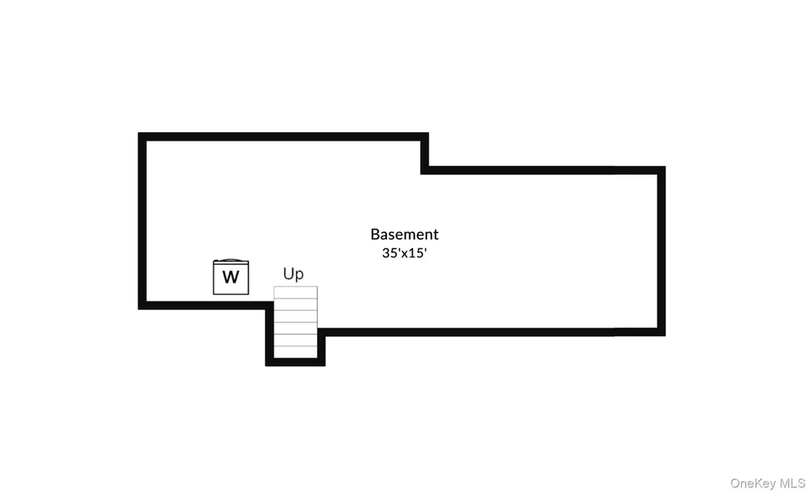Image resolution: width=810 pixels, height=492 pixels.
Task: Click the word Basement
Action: pyautogui.click(x=404, y=235)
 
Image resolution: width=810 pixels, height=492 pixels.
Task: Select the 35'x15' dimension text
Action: pyautogui.click(x=404, y=253)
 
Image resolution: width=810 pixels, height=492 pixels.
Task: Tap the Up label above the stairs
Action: pyautogui.click(x=293, y=274)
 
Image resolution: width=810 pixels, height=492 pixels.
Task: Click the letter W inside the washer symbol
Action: pyautogui.click(x=231, y=277)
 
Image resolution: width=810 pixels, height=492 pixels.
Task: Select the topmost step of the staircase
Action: pyautogui.click(x=296, y=293)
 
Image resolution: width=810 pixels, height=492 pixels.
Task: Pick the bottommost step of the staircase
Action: pyautogui.click(x=296, y=352)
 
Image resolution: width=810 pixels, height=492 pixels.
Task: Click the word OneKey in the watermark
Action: pyautogui.click(x=752, y=483)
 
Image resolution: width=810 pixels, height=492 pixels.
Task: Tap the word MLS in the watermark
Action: pyautogui.click(x=791, y=483)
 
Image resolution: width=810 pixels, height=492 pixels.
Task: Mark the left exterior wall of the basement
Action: pyautogui.click(x=142, y=221)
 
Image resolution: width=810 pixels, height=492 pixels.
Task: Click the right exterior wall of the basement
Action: pyautogui.click(x=661, y=252)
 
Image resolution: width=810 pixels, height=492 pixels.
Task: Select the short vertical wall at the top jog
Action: pyautogui.click(x=425, y=153)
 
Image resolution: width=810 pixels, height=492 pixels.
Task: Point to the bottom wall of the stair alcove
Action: pyautogui.click(x=296, y=361)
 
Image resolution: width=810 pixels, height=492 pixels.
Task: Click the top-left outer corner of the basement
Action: pyautogui.click(x=138, y=134)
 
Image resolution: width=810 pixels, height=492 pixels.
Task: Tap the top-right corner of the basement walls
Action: pyautogui.click(x=665, y=167)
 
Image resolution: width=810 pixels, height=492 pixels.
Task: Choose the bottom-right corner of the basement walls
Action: pyautogui.click(x=665, y=335)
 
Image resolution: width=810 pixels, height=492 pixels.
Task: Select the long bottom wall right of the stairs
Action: pyautogui.click(x=491, y=331)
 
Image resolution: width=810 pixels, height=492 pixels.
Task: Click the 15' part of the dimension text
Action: pyautogui.click(x=416, y=253)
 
